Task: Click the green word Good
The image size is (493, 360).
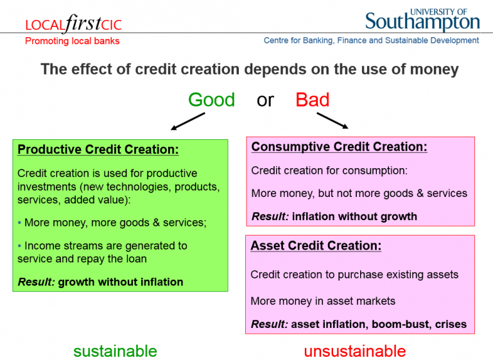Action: pyautogui.click(x=211, y=99)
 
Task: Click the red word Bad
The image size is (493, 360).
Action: pyautogui.click(x=312, y=99)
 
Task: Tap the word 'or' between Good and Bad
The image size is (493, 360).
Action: pyautogui.click(x=265, y=101)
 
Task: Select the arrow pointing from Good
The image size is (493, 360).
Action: pyautogui.click(x=187, y=121)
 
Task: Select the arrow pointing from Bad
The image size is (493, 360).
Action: pyautogui.click(x=333, y=121)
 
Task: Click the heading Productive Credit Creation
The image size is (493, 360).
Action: pyautogui.click(x=98, y=150)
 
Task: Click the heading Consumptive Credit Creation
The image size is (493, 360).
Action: pyautogui.click(x=339, y=147)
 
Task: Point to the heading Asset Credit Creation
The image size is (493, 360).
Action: pyautogui.click(x=316, y=246)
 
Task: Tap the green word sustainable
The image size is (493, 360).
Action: pyautogui.click(x=115, y=351)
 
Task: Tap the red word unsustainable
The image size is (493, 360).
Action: pyautogui.click(x=355, y=351)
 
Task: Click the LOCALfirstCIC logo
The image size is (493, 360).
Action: pyautogui.click(x=73, y=24)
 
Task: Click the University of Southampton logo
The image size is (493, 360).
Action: pyautogui.click(x=422, y=20)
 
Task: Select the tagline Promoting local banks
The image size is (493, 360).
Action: pyautogui.click(x=73, y=41)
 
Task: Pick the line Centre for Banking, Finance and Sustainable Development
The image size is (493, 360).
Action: pyautogui.click(x=371, y=40)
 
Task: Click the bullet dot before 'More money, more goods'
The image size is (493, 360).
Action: pyautogui.click(x=19, y=223)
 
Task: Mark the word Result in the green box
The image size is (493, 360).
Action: pyautogui.click(x=36, y=282)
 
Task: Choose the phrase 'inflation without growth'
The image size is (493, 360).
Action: pyautogui.click(x=354, y=217)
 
